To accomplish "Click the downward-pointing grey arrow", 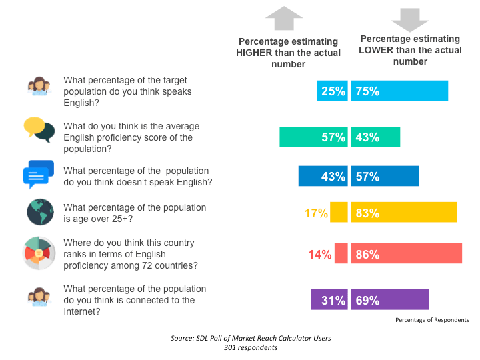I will (410, 19).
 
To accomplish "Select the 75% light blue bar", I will (399, 91).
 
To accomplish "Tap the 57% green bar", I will (313, 137).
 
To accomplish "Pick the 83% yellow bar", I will (403, 213).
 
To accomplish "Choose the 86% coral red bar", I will (406, 254).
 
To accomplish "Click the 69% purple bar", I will (390, 300).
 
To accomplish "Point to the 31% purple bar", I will (329, 300).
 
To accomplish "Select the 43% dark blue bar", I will (323, 177).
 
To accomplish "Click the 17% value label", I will (317, 213).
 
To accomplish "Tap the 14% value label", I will (320, 254).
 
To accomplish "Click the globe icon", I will (40, 212).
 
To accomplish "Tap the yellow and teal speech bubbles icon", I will (39, 129).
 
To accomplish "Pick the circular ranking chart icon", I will (39, 253).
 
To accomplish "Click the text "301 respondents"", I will (251, 348).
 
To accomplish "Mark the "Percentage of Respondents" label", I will (432, 320).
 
